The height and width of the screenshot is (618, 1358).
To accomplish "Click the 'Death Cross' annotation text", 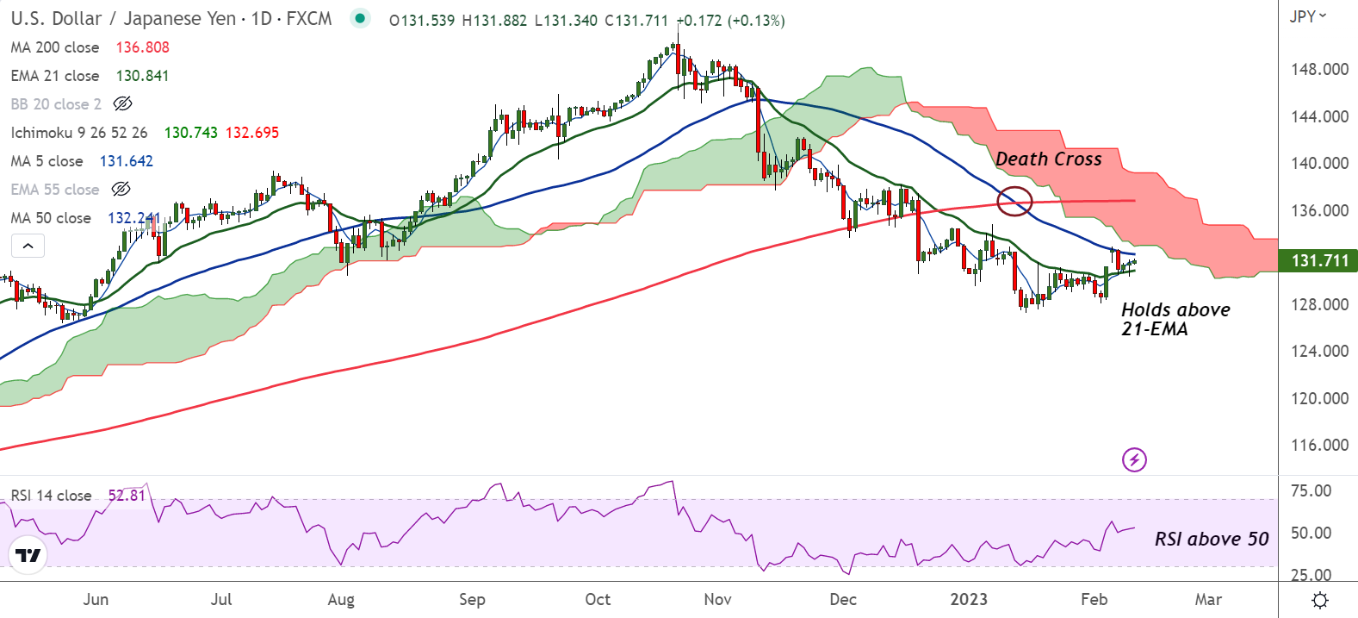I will click(x=1048, y=159).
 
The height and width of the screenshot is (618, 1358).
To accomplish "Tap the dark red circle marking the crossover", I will click(x=1014, y=201).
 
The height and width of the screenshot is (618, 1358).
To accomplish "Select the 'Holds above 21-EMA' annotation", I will click(x=1175, y=319).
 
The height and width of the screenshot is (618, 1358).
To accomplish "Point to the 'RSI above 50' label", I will click(x=1211, y=540).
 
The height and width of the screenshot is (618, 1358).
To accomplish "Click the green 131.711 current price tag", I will click(x=1318, y=260).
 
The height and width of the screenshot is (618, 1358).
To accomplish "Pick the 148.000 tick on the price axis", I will click(x=1319, y=69).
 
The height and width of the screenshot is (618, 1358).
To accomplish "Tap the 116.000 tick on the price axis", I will click(x=1319, y=446).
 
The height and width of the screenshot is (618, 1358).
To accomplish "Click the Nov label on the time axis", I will click(x=717, y=600).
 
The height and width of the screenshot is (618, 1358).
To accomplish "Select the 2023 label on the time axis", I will click(x=969, y=600).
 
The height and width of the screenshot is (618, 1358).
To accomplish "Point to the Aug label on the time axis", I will click(x=341, y=600).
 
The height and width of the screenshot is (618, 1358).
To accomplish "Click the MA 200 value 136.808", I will click(x=143, y=47).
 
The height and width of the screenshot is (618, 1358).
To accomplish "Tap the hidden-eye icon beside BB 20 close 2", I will click(x=123, y=104).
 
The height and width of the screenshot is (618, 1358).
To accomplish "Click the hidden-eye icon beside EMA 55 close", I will click(x=121, y=190).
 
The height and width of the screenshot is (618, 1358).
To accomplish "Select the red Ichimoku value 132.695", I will click(x=252, y=133).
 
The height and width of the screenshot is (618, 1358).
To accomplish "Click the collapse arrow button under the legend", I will click(x=28, y=247).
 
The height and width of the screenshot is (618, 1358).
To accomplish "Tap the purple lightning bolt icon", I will click(x=1134, y=459).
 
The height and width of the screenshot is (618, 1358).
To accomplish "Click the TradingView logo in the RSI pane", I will click(x=28, y=555).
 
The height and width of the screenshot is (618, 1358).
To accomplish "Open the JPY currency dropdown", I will click(x=1307, y=16).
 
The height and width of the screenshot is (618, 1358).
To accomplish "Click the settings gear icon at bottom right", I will click(x=1319, y=600).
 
